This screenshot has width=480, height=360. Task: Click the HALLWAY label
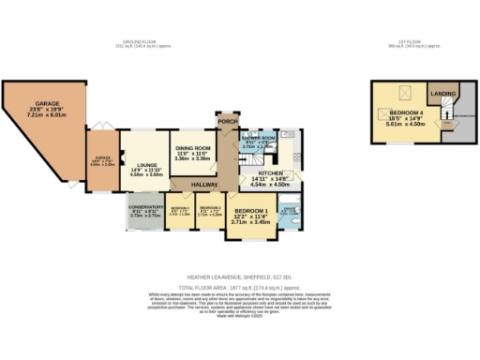point(205,185)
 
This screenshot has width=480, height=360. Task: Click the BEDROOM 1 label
point(250,211)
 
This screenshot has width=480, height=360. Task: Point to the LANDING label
point(442,94)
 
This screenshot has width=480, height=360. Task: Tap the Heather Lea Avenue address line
point(240,277)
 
